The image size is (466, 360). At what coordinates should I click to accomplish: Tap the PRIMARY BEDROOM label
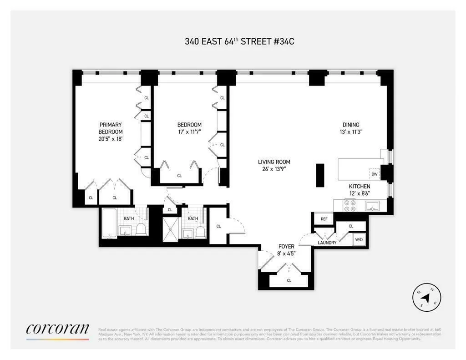coord(111,128)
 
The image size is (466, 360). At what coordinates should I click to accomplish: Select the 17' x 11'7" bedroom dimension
coord(189,132)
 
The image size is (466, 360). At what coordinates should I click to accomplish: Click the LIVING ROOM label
coord(274,162)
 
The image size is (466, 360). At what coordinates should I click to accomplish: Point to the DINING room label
coord(351,125)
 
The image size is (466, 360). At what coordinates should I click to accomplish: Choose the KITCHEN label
coord(359,186)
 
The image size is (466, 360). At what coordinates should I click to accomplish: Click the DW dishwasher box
coord(374,174)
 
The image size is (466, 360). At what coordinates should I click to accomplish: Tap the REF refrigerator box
coord(324,219)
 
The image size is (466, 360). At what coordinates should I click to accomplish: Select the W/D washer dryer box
coord(359,239)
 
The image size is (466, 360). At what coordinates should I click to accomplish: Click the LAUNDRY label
coord(327,243)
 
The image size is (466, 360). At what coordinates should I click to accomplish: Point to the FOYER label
coord(287,246)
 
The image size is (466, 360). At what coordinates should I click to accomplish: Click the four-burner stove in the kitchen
coord(350,206)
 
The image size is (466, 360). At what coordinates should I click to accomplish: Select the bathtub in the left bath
coord(109,223)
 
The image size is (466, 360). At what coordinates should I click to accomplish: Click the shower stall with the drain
coord(172,226)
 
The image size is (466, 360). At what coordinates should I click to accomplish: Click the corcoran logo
coord(57,330)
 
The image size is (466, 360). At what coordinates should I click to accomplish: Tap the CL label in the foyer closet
coord(289,280)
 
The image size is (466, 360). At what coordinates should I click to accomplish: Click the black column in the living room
coord(319,175)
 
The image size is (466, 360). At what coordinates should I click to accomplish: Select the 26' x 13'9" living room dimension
coord(274,169)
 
